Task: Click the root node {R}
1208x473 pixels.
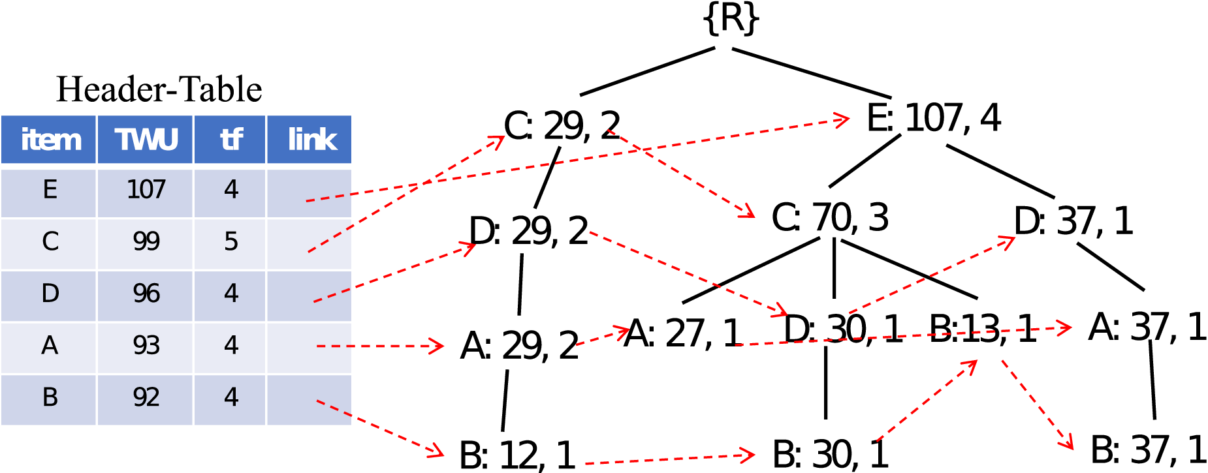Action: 731,20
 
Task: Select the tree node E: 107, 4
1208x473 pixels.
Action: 933,118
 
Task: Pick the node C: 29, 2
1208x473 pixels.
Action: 562,125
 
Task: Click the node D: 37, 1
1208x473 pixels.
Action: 1073,221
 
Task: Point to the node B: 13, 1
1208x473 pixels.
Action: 982,328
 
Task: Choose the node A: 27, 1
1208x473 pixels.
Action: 683,333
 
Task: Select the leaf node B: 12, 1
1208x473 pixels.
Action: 517,455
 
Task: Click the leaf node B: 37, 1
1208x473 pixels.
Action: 1148,450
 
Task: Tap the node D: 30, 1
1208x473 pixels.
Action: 842,328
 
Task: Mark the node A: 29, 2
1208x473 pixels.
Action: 519,346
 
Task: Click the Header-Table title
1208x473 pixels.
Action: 159,89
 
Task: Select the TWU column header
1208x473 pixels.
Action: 146,140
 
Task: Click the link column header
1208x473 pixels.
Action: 310,140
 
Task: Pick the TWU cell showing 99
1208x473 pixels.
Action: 146,241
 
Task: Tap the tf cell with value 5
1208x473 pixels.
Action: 230,241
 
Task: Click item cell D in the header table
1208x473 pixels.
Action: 50,294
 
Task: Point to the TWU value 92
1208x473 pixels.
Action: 146,397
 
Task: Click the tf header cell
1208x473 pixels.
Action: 230,140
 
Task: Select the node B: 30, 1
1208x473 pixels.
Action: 830,453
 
